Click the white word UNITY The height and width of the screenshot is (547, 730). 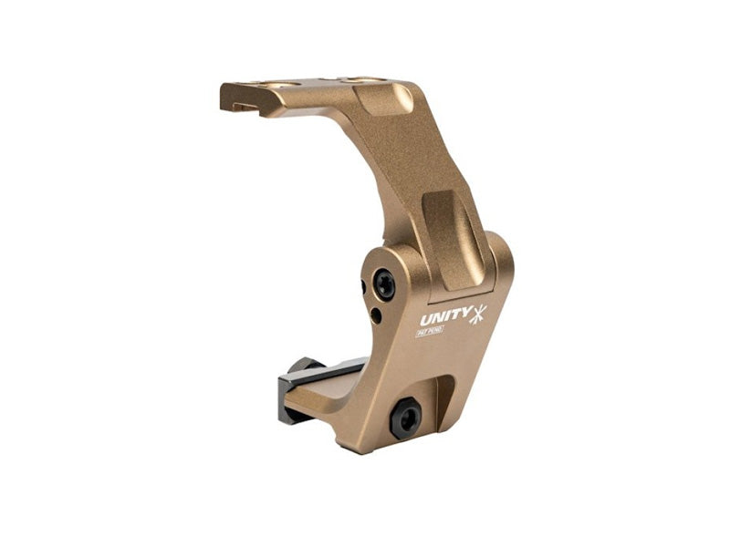tap(445, 317)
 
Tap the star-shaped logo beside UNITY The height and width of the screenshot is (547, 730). tap(478, 315)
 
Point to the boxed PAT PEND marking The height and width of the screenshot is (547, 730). tap(430, 331)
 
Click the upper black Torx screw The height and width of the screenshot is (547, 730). tap(385, 286)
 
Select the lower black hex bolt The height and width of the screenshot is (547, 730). tap(404, 418)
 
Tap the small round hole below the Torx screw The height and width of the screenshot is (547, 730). tap(376, 315)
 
